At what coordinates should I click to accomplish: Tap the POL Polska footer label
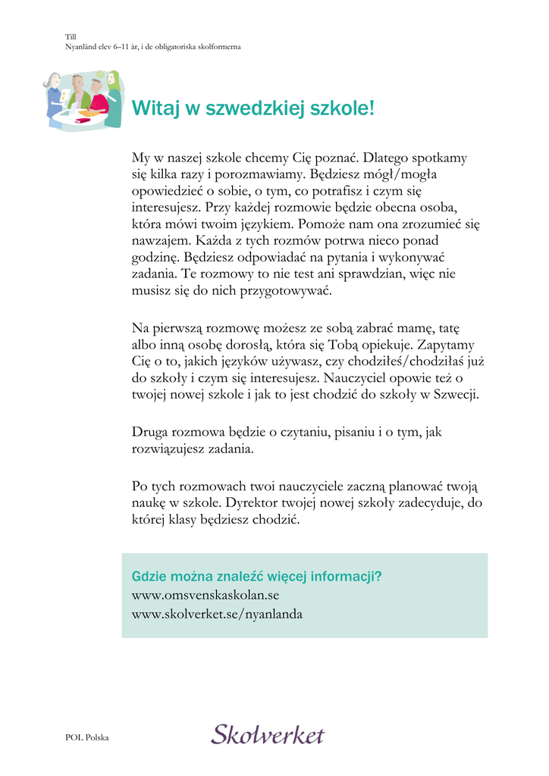point(87,737)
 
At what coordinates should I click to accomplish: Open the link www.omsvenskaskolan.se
point(205,596)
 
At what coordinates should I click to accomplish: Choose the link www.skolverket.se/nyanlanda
point(217,614)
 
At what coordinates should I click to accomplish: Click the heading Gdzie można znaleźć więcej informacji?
point(256,576)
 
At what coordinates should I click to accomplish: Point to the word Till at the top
point(71,36)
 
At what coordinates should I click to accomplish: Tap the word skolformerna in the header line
point(218,46)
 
